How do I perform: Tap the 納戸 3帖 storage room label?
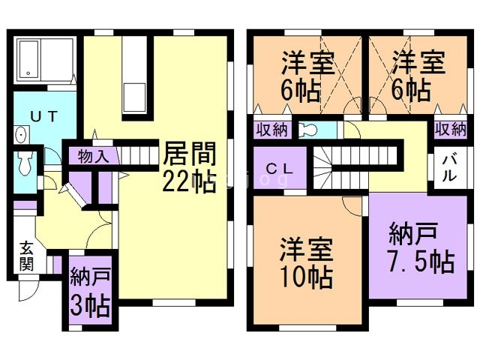click(90, 294)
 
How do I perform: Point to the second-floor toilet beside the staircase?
click(309, 130)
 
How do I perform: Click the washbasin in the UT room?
click(20, 135)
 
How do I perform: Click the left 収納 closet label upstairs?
click(271, 129)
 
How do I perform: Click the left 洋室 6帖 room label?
click(307, 75)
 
